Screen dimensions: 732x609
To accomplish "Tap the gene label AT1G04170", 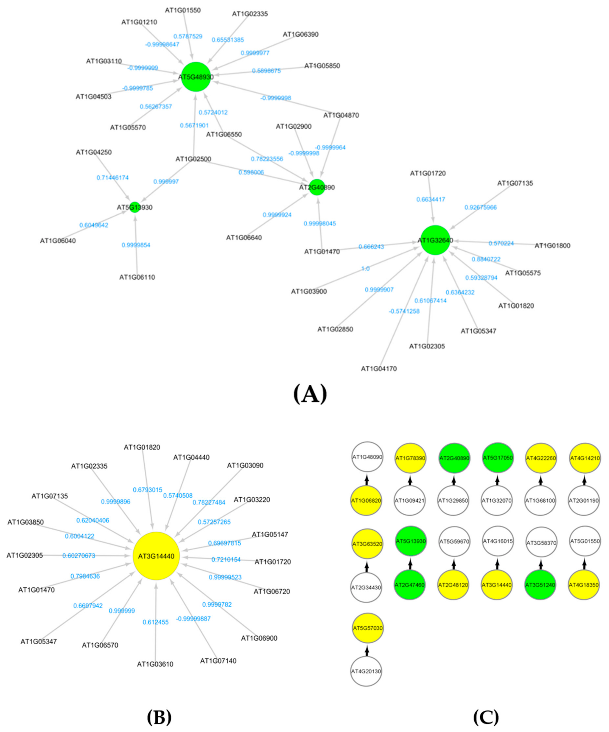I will coord(379,368).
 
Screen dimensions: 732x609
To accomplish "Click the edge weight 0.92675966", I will coord(480,207).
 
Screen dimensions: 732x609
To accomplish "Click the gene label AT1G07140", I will coord(218,661).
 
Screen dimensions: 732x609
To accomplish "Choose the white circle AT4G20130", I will coord(366,671).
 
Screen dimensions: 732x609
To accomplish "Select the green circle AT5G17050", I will coord(497,458).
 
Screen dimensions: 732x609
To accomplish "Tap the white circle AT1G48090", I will coord(366,457).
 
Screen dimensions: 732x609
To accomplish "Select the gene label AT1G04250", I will coord(94,152).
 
